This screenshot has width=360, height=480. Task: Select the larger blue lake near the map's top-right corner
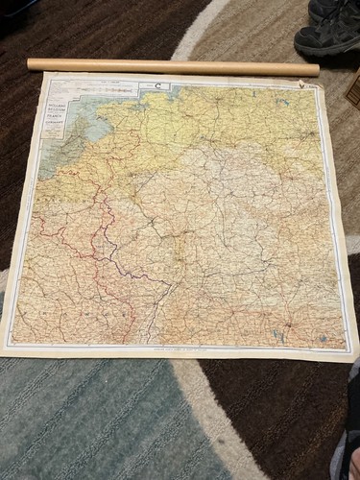click(282, 102)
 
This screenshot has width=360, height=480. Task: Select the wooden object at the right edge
click(354, 88)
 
